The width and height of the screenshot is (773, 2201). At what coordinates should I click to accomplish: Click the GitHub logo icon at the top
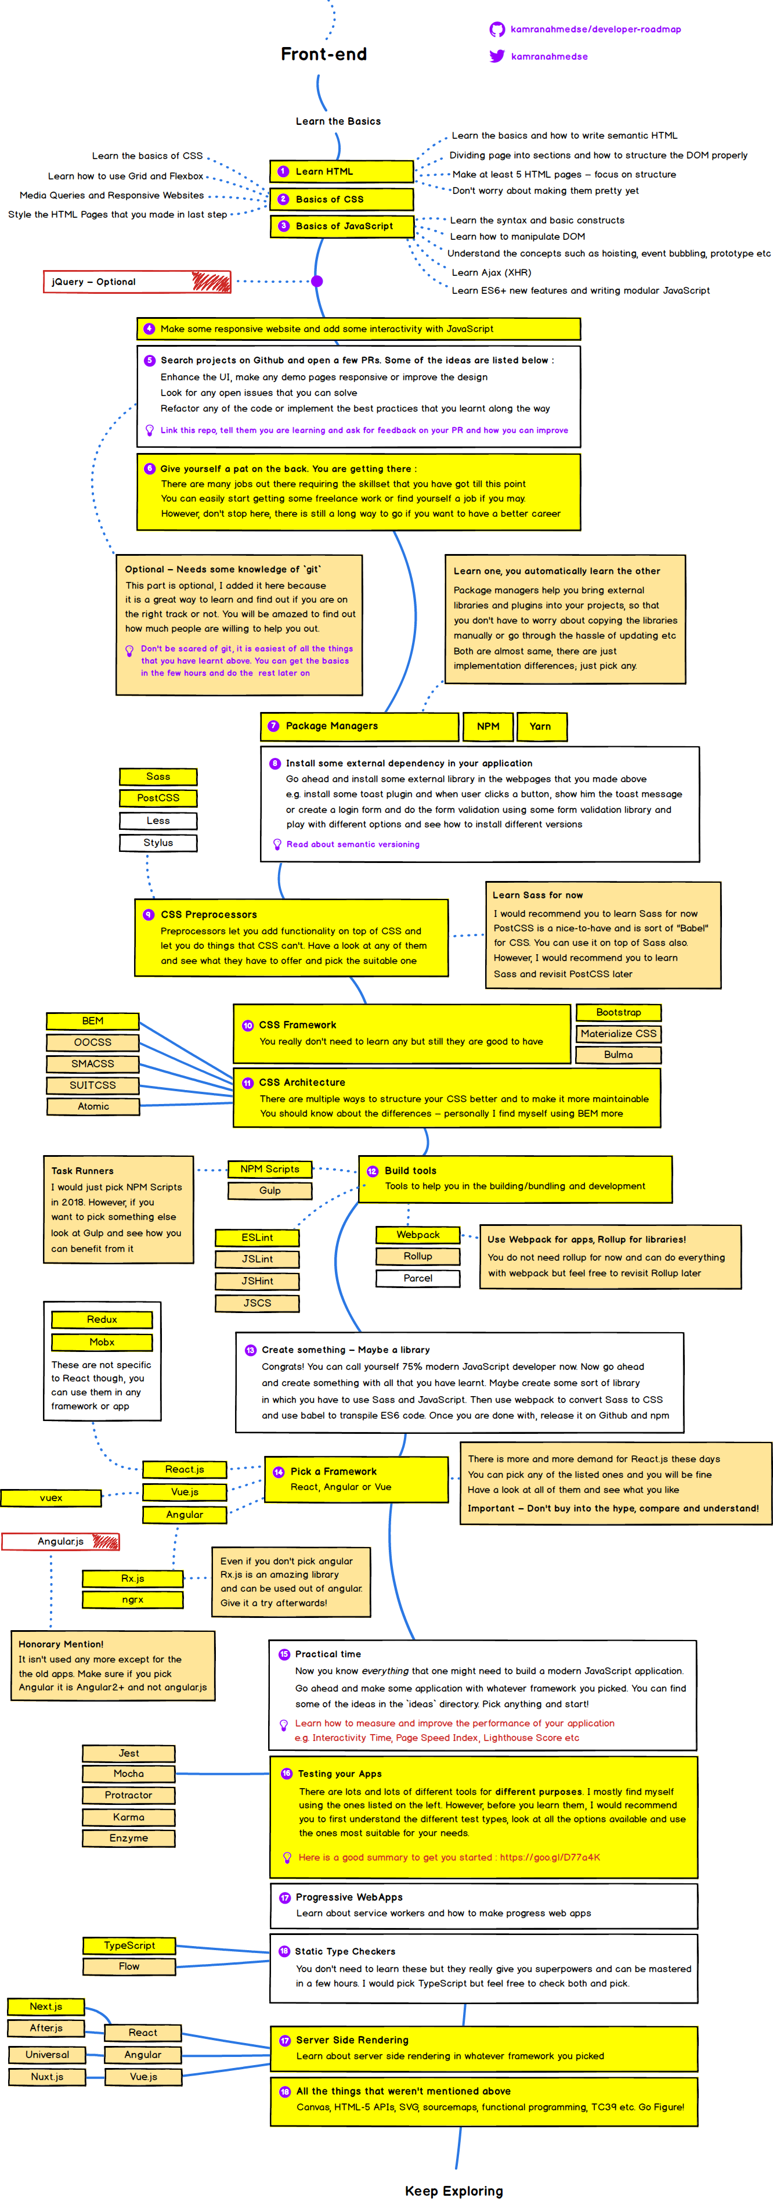(496, 30)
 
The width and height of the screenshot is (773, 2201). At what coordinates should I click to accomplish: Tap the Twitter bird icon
(496, 56)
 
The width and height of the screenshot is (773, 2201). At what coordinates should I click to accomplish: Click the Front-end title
(324, 55)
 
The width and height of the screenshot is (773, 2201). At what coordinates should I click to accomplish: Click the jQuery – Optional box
(136, 282)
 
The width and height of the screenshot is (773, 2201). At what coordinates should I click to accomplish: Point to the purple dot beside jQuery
(317, 281)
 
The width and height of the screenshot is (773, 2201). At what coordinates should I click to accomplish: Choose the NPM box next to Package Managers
(487, 727)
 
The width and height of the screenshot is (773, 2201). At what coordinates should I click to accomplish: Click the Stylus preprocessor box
(158, 843)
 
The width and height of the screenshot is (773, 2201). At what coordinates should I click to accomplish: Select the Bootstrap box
(619, 1012)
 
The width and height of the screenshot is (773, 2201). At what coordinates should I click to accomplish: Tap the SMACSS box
(92, 1064)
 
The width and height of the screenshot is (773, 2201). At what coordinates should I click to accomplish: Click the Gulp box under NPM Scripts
(270, 1190)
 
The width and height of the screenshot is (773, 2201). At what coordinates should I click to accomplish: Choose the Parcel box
(418, 1278)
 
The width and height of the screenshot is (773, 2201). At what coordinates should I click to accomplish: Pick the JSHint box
(257, 1281)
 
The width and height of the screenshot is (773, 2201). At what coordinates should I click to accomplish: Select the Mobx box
(102, 1342)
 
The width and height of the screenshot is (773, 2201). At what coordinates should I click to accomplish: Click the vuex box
(51, 1498)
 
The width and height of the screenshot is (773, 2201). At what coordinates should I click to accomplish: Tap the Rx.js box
(132, 1578)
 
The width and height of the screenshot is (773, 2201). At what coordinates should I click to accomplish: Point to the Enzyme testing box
(129, 1838)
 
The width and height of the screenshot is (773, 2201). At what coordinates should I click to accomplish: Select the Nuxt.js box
(47, 2076)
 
